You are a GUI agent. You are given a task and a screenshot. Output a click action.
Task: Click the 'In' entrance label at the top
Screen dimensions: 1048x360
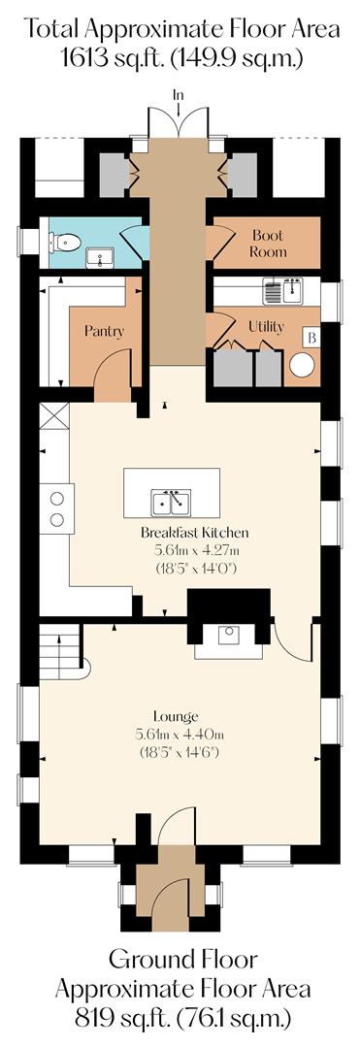178,94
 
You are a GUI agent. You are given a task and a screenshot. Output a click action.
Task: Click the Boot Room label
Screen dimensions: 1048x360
269,243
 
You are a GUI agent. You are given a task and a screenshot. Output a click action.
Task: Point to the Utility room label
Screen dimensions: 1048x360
266,326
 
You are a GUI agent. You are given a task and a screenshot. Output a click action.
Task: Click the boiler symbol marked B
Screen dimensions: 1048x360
312,338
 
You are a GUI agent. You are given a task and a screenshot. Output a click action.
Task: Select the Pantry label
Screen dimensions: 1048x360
104,331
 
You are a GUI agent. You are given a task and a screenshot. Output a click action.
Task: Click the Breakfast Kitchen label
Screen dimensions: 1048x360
195,533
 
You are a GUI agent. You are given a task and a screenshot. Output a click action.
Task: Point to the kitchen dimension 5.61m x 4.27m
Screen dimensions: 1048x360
195,550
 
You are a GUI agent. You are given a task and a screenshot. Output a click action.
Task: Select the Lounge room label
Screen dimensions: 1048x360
181,716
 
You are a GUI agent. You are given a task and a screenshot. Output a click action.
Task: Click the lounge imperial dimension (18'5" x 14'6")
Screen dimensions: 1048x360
181,752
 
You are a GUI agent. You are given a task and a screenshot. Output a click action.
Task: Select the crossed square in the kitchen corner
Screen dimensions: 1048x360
54,418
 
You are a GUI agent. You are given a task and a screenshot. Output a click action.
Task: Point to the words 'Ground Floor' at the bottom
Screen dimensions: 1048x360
181,961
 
